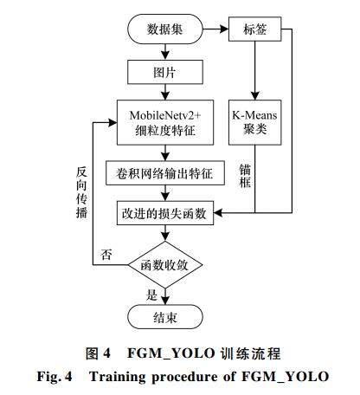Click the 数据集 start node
[165, 29]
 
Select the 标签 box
[254, 29]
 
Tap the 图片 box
[165, 72]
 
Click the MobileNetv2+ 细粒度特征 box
[165, 122]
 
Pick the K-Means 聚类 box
[254, 122]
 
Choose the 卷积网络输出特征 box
[165, 173]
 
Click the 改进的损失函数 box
[165, 213]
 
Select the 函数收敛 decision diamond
[165, 265]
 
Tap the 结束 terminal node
[165, 317]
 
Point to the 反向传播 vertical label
[81, 192]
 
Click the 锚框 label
[245, 176]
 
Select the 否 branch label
[106, 255]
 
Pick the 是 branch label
[151, 295]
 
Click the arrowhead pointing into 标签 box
[225, 29]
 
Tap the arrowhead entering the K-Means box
[254, 96]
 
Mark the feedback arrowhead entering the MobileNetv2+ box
[112, 122]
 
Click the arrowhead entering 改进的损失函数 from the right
[218, 213]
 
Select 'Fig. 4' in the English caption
[55, 377]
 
